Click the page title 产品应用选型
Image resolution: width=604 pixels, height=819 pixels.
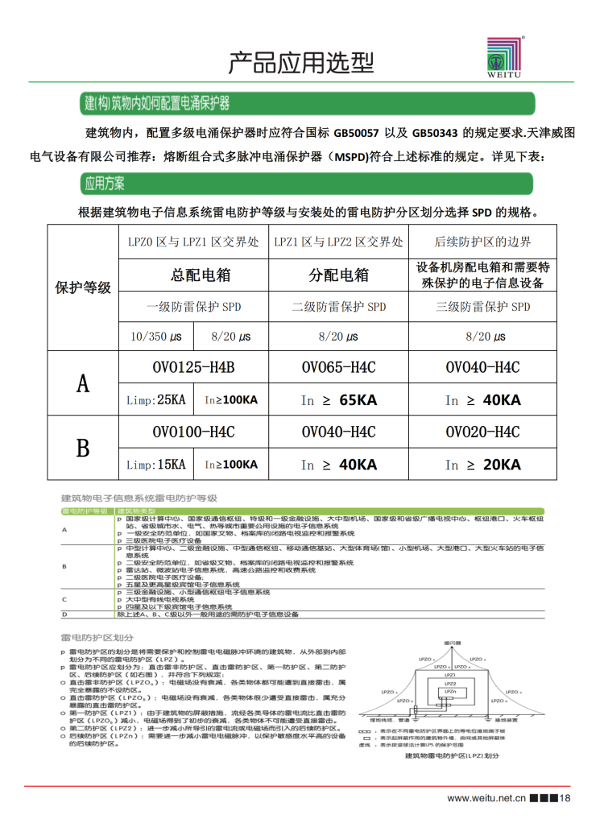pos(301,60)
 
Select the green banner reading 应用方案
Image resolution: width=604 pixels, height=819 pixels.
pos(105,184)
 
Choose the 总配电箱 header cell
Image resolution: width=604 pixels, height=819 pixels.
pos(201,275)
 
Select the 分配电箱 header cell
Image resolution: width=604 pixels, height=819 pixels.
pos(339,275)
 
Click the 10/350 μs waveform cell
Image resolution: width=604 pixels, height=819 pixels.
pos(155,337)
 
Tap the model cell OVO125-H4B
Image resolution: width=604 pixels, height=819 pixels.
pos(193,368)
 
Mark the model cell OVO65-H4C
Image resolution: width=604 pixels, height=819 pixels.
pos(338,368)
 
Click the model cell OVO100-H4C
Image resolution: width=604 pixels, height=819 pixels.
pos(193,432)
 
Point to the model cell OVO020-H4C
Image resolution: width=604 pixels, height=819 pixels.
pos(482,432)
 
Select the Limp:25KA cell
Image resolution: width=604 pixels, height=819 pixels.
pos(156,399)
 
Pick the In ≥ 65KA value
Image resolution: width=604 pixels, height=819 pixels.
pos(338,400)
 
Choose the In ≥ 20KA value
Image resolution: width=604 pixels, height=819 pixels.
pos(482,465)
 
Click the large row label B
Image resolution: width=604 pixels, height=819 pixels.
pos(82,448)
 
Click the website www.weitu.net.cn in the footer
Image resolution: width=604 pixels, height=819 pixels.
pos(486,798)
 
